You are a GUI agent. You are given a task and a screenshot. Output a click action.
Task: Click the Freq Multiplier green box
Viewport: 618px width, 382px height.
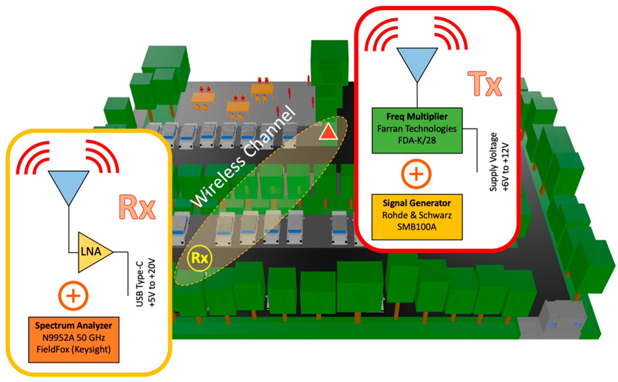417,130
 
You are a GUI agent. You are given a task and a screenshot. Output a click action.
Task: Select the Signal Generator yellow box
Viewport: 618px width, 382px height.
417,217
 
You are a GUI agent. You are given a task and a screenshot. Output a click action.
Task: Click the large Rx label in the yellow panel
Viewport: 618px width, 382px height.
137,207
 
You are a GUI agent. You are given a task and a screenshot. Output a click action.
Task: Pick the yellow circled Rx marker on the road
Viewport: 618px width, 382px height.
199,258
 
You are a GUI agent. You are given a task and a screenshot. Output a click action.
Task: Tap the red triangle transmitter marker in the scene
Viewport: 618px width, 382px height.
328,132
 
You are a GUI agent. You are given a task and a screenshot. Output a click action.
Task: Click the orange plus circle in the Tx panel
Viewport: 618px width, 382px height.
416,174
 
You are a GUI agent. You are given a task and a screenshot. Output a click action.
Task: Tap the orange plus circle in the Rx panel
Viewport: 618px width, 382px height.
73,296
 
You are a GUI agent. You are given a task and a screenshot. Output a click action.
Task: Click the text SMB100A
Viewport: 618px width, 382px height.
417,227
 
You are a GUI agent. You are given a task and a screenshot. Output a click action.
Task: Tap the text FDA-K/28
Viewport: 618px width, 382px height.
417,140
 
